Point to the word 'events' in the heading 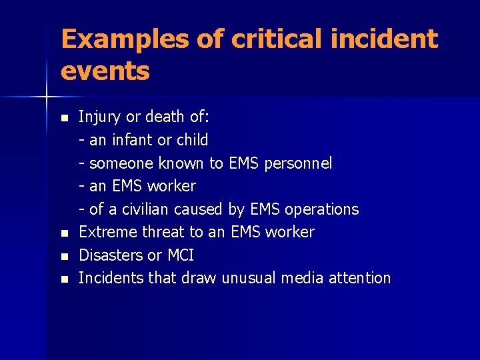105,70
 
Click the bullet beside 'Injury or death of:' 64,118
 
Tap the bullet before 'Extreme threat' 64,233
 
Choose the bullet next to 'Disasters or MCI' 64,256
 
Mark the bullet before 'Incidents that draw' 64,279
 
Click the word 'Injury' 99,117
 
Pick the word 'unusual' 247,278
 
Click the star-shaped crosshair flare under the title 46,97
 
